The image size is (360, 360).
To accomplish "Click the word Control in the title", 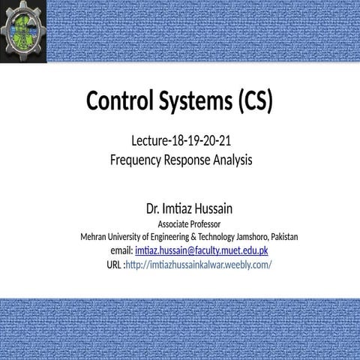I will click(x=120, y=100).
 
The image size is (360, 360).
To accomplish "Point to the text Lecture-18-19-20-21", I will click(x=180, y=140).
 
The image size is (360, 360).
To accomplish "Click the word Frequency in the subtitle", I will click(x=136, y=159).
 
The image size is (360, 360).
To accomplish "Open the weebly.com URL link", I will click(x=199, y=265).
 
